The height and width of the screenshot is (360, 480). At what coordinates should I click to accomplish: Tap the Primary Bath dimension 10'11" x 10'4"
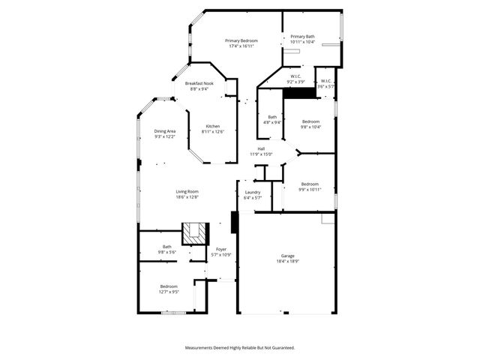302,42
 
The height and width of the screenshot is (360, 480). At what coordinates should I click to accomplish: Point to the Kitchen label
213,126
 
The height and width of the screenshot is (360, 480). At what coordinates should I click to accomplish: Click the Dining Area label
165,131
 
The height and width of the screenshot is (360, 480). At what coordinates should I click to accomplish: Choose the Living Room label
187,192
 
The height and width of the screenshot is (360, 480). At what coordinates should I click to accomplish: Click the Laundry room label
253,193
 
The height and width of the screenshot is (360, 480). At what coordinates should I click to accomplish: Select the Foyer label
221,249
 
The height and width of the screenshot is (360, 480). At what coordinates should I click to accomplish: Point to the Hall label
261,148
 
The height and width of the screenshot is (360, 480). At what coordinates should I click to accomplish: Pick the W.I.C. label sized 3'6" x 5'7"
326,81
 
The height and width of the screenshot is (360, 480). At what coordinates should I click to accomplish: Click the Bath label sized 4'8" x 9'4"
273,117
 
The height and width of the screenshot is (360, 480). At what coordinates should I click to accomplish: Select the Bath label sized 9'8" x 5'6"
167,247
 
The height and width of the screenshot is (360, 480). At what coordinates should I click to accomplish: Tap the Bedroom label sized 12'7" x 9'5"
169,286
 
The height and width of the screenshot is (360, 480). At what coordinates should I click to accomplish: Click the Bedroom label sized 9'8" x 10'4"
311,121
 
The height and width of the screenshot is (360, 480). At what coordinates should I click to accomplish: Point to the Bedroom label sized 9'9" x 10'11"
310,184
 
